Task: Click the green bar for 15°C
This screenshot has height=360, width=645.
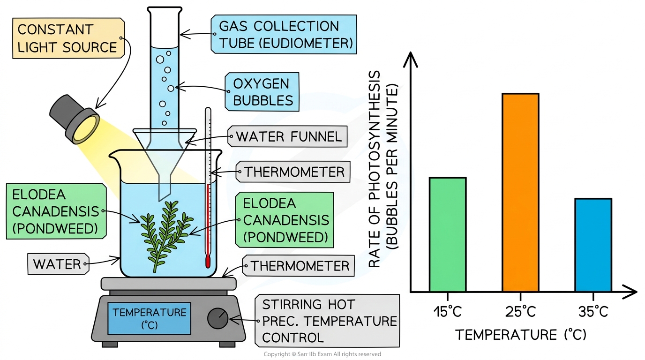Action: pyautogui.click(x=448, y=234)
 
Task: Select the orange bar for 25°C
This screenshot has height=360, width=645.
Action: pyautogui.click(x=520, y=192)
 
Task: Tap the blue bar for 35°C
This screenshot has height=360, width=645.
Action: pyautogui.click(x=593, y=245)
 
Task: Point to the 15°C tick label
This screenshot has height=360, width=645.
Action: pyautogui.click(x=448, y=312)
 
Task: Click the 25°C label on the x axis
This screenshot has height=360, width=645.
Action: pyautogui.click(x=520, y=312)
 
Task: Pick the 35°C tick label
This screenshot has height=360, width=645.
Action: pyautogui.click(x=593, y=312)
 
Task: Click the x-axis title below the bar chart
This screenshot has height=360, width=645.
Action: pyautogui.click(x=521, y=335)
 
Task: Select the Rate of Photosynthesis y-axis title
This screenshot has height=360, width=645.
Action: pyautogui.click(x=383, y=169)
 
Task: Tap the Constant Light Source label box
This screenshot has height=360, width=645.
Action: pyautogui.click(x=68, y=38)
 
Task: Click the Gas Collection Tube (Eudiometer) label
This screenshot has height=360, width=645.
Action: pyautogui.click(x=284, y=35)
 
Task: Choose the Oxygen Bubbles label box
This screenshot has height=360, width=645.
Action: pyautogui.click(x=262, y=92)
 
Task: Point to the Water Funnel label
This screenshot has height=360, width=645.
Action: pyautogui.click(x=288, y=136)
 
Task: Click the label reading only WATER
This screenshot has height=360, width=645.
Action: pyautogui.click(x=58, y=264)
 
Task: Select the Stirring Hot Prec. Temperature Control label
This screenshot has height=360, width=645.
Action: pyautogui.click(x=327, y=321)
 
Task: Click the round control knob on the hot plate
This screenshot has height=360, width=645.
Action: pyautogui.click(x=217, y=318)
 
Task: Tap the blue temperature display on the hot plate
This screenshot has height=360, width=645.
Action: pyautogui.click(x=149, y=319)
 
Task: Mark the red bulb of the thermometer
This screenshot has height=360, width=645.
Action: pyautogui.click(x=208, y=262)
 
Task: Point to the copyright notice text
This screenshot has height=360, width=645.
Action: pyautogui.click(x=322, y=354)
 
